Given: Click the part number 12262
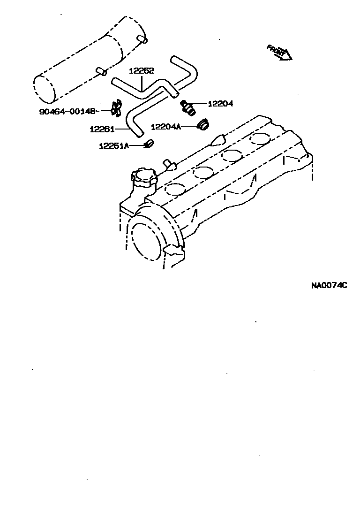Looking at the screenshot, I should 142,71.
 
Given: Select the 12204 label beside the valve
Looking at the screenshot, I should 220,104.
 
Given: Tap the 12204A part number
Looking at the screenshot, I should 166,126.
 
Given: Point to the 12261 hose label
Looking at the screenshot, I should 102,129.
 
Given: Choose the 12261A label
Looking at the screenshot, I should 113,145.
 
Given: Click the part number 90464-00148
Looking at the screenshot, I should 67,111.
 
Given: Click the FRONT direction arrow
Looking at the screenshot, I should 279,52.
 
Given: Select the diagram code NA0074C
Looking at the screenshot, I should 329,285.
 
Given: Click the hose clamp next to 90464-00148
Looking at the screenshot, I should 116,109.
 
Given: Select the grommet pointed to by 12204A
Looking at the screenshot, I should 203,125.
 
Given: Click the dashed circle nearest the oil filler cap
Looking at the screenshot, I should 174,189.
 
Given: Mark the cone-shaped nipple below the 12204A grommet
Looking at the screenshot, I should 219,140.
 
